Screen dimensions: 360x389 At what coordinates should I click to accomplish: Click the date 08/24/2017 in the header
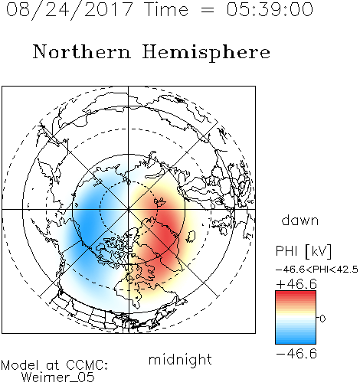70,10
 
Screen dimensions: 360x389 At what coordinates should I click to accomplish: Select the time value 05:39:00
270,9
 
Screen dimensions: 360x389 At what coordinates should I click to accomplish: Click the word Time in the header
166,9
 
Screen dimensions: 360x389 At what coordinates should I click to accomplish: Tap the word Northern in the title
81,51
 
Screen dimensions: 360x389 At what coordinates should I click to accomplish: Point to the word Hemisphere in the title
206,53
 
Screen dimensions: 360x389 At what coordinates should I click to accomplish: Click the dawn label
300,220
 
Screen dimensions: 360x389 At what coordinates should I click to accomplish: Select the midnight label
180,359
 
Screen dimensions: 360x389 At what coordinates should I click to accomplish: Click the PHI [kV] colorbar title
303,251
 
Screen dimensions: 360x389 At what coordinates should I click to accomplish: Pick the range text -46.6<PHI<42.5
317,270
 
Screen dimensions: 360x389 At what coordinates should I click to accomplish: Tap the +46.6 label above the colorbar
296,284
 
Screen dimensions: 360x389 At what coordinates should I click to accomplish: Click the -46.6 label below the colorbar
296,354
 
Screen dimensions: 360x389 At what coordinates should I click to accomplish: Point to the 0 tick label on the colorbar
322,319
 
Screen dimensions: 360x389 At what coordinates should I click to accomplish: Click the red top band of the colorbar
296,294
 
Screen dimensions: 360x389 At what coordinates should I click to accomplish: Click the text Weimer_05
58,378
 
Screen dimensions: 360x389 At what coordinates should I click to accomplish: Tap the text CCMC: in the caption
87,365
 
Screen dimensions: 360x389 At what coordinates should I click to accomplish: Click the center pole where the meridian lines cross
129,209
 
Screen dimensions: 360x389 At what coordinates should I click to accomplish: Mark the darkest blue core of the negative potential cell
88,224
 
